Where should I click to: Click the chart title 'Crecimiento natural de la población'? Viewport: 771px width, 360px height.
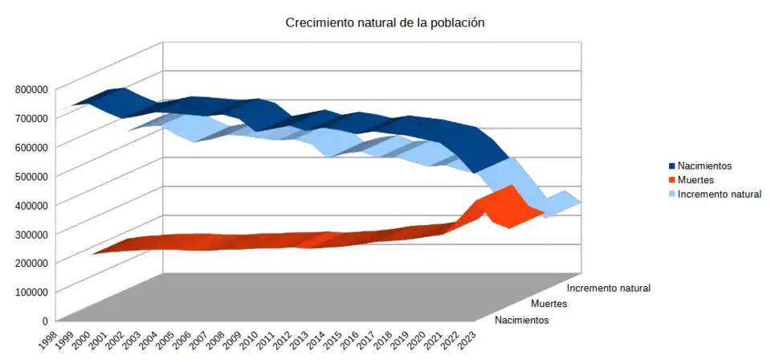pos(385,22)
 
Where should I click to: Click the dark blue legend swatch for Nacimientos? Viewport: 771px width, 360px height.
pos(671,166)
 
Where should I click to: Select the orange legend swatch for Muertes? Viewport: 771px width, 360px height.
pos(671,180)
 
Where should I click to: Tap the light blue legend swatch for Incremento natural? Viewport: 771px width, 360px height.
pos(671,194)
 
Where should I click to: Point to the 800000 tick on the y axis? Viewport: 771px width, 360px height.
pos(32,88)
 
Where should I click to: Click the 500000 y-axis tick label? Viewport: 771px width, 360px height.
pos(32,175)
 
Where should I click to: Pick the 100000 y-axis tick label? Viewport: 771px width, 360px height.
pos(32,291)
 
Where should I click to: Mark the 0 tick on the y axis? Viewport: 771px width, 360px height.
pos(46,320)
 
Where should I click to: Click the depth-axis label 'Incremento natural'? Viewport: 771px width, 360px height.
pos(608,288)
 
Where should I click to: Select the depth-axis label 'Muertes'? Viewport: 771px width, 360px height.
pos(549,304)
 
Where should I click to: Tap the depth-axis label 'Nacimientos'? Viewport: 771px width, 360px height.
pos(522,320)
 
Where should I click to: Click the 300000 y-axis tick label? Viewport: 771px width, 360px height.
pos(32,233)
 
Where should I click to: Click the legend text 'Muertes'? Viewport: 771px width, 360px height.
pos(696,180)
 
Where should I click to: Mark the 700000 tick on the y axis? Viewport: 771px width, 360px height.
pos(32,117)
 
